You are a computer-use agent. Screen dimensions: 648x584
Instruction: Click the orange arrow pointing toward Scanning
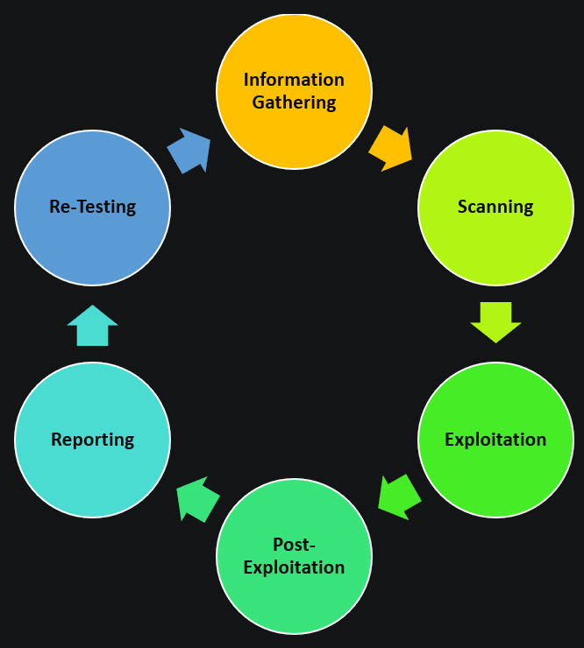click(391, 147)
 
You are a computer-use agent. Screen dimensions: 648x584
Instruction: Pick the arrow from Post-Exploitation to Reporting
click(197, 499)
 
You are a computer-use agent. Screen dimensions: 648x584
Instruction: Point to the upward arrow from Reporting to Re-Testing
click(92, 326)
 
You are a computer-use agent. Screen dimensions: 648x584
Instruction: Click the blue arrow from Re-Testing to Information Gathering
click(190, 150)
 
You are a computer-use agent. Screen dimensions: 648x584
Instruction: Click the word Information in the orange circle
click(294, 80)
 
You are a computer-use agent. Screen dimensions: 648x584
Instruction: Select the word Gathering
click(294, 102)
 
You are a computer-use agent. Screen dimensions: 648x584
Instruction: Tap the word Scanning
click(495, 208)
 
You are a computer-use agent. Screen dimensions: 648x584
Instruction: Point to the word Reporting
click(92, 440)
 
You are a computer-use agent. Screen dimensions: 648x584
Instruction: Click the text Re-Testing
click(92, 208)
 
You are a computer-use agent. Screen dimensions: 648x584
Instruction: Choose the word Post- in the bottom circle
click(294, 545)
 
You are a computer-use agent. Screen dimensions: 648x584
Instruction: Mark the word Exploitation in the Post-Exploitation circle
click(294, 567)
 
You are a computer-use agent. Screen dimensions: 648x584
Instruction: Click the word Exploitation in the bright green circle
click(495, 440)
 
